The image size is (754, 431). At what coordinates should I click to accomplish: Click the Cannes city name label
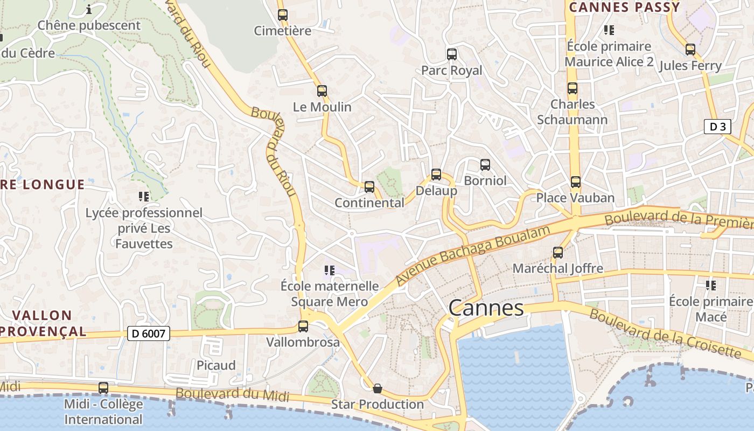[x=486, y=308]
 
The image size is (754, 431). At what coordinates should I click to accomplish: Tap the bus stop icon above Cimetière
[x=283, y=15]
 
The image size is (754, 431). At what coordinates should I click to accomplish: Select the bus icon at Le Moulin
[x=322, y=91]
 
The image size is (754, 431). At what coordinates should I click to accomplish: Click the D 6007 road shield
[x=149, y=334]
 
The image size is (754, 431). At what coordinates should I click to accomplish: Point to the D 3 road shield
[x=717, y=127]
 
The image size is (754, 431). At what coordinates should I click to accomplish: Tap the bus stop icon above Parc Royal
[x=452, y=54]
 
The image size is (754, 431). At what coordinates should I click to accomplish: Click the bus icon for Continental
[x=369, y=187]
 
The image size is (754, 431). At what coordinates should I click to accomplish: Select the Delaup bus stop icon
[x=436, y=175]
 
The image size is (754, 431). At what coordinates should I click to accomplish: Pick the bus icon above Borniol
[x=485, y=165]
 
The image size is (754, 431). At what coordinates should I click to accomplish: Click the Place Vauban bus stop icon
[x=576, y=182]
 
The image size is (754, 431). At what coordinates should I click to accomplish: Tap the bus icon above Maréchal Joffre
[x=558, y=252]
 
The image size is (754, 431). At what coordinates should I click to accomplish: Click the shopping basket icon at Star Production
[x=378, y=388]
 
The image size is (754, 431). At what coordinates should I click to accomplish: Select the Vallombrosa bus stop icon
[x=303, y=326]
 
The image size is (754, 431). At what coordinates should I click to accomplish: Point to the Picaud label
[x=216, y=365]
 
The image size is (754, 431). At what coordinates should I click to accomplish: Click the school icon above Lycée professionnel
[x=144, y=197]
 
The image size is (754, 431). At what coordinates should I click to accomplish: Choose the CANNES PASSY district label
[x=625, y=8]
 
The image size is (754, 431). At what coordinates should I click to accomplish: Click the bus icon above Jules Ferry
[x=690, y=50]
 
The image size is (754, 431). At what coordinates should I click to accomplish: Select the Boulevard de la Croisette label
[x=665, y=334]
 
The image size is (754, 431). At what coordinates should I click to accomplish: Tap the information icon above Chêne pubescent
[x=89, y=9]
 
